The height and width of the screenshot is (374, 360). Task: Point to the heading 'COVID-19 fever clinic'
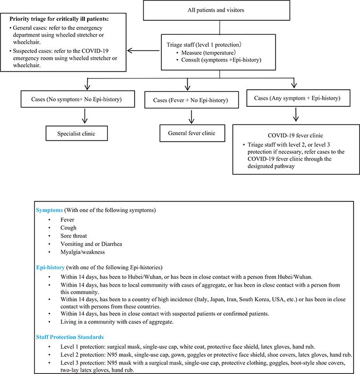tap(295, 136)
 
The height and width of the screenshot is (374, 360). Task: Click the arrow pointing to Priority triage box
tap(144, 52)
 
